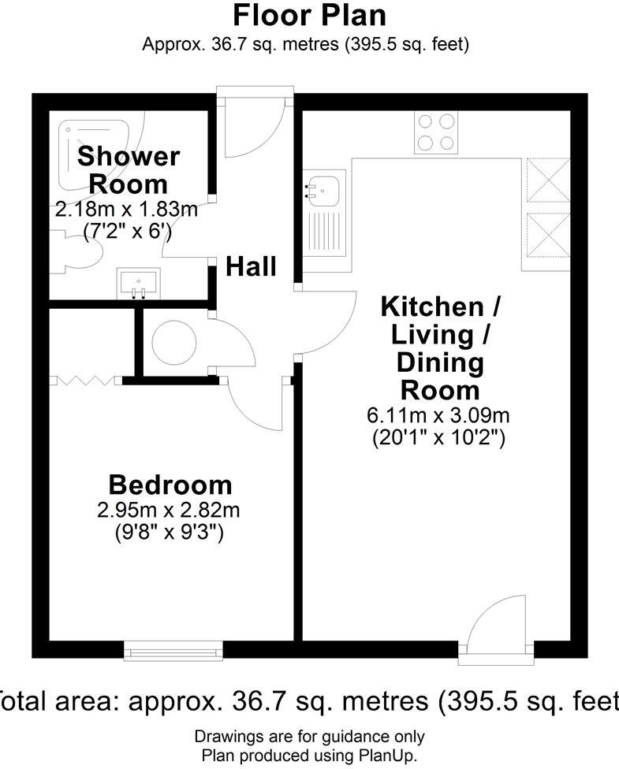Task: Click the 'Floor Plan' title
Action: [x=310, y=15]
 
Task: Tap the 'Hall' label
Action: [x=252, y=267]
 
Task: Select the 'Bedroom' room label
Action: [x=170, y=484]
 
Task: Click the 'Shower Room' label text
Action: [x=129, y=169]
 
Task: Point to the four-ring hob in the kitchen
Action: [x=437, y=132]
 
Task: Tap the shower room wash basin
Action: [x=139, y=282]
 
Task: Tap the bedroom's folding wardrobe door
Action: [x=85, y=381]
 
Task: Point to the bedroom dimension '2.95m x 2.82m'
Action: [x=169, y=510]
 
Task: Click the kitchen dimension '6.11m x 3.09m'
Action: [x=438, y=416]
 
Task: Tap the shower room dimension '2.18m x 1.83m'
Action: [x=126, y=211]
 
